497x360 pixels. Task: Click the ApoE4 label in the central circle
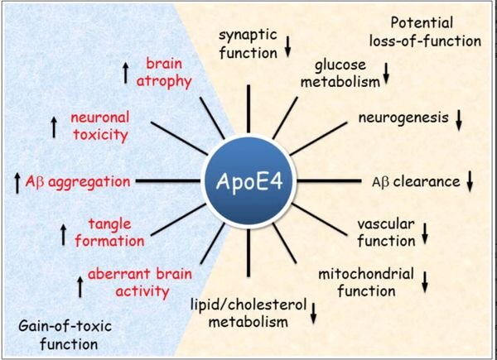pyautogui.click(x=249, y=180)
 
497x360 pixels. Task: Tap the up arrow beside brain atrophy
pyautogui.click(x=126, y=73)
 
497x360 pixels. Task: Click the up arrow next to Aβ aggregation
pyautogui.click(x=18, y=180)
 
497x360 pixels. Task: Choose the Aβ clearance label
pyautogui.click(x=419, y=180)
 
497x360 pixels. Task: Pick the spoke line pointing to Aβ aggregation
pyautogui.click(x=169, y=180)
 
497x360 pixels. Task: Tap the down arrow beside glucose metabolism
pyautogui.click(x=386, y=80)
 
